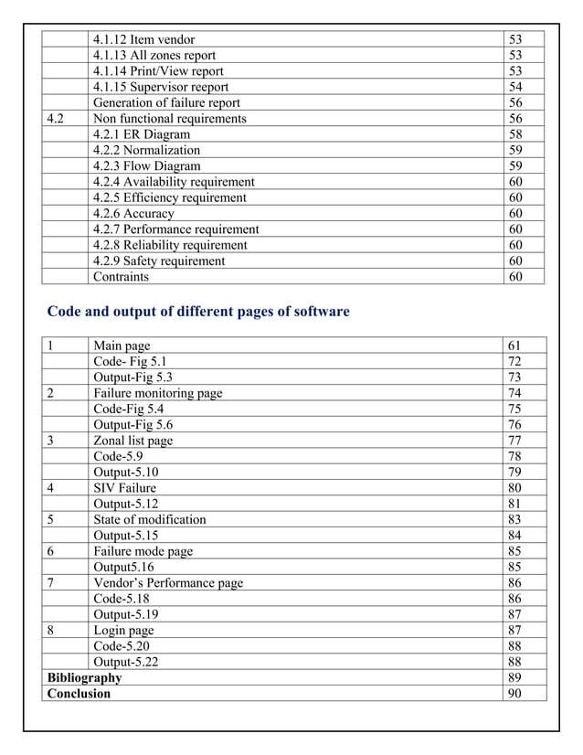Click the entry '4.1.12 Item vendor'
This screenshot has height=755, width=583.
pos(143,39)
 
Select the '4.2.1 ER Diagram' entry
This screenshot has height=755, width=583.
pos(142,134)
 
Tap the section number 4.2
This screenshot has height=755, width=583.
pos(56,119)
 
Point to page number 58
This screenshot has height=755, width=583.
pos(515,134)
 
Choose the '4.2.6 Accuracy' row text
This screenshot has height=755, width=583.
pos(133,214)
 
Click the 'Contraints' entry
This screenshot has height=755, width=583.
pos(121,277)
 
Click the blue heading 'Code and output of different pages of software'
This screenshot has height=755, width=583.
pos(197,312)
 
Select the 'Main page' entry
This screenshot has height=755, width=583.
pos(122,346)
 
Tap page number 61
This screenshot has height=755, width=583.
pos(514,346)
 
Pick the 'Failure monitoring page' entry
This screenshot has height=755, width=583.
pos(157,393)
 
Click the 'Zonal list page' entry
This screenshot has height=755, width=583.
pos(132,441)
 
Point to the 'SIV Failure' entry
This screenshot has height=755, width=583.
pos(124,488)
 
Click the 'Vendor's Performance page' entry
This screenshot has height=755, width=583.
pos(168,583)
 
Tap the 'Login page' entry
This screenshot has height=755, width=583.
pos(123,631)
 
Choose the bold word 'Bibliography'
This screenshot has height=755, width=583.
pos(84,678)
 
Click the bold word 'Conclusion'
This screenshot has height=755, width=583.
pos(79,694)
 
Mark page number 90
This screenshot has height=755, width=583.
pos(514,694)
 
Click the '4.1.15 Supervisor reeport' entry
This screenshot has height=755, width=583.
pos(161,87)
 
